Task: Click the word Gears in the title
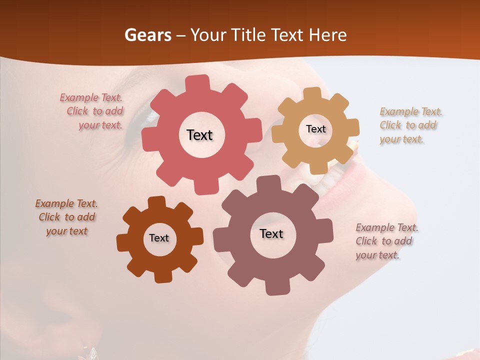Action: click(x=147, y=35)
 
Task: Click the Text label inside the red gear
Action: click(x=199, y=135)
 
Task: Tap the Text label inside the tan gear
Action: click(x=315, y=129)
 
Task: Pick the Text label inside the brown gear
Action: click(x=159, y=238)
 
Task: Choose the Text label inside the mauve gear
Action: click(x=271, y=233)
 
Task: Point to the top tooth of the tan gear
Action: click(x=312, y=94)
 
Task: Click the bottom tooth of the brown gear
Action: click(x=162, y=275)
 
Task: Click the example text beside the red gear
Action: click(x=92, y=111)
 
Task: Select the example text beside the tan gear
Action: click(x=410, y=125)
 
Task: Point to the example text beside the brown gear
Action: click(x=66, y=217)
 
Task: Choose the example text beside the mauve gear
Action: click(x=386, y=241)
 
